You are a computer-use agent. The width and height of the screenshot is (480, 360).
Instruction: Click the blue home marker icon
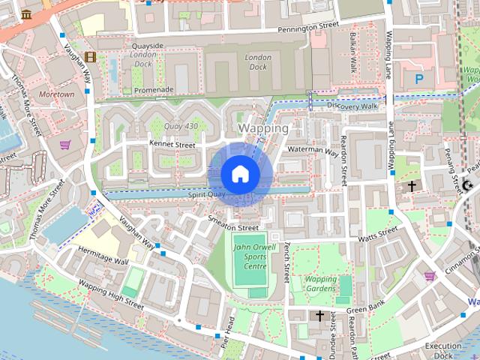pyautogui.click(x=240, y=174)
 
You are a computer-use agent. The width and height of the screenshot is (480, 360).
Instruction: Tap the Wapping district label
pyautogui.click(x=262, y=128)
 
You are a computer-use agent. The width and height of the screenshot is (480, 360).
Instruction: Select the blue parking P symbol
pyautogui.click(x=418, y=77)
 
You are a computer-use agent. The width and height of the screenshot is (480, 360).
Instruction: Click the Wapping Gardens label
pyautogui.click(x=321, y=283)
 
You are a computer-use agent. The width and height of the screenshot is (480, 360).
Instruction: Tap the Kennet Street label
pyautogui.click(x=172, y=143)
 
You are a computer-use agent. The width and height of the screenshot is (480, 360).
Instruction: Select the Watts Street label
pyautogui.click(x=376, y=237)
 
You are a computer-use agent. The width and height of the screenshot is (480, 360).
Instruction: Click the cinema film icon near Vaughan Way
pyautogui.click(x=90, y=56)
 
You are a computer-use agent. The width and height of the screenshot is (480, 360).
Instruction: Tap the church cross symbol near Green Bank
pyautogui.click(x=321, y=316)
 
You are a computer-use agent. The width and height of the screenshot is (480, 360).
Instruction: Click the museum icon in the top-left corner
pyautogui.click(x=27, y=14)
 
